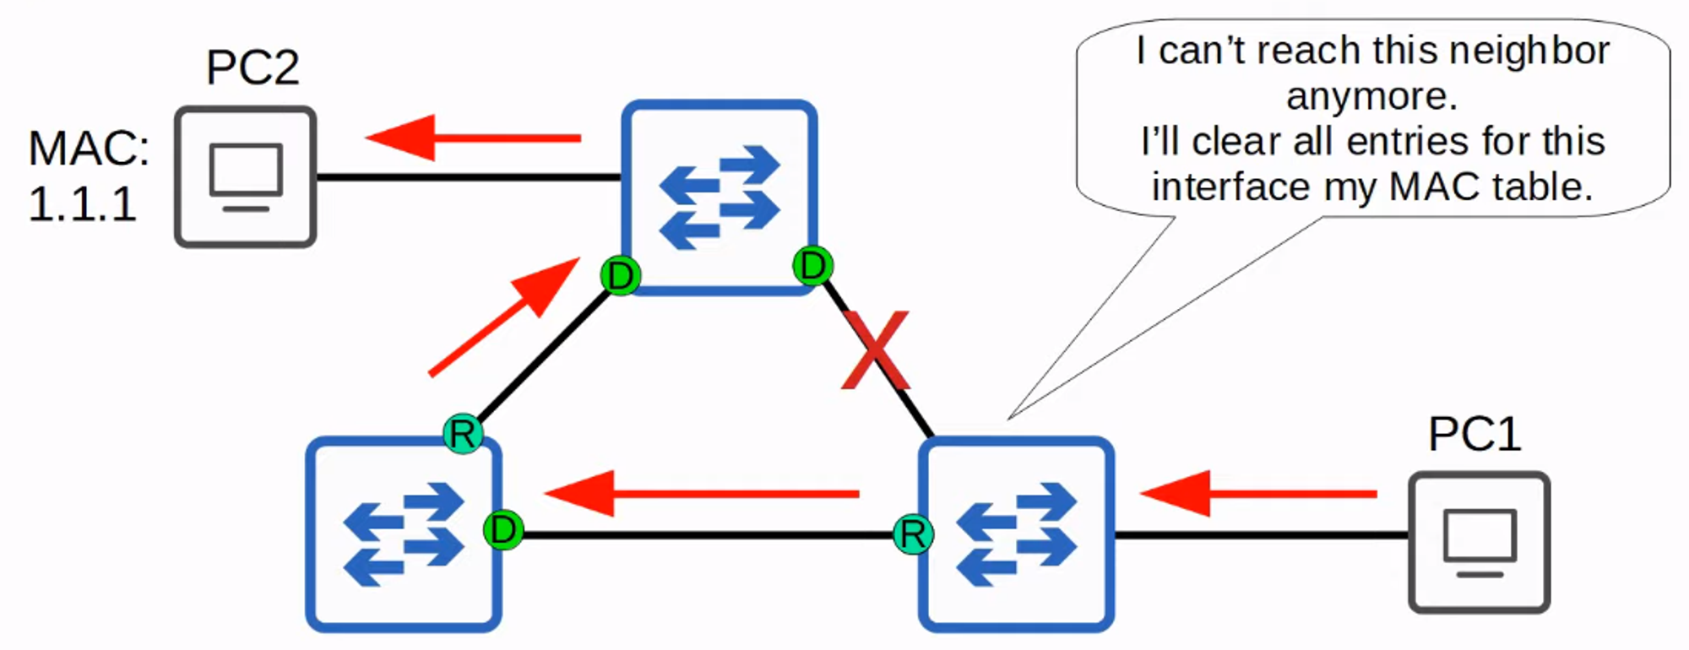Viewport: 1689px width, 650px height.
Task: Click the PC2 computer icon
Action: tap(246, 177)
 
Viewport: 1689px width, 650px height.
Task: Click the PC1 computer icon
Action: tap(1479, 542)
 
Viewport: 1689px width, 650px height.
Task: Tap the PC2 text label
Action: tap(253, 68)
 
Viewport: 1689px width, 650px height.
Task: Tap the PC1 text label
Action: tap(1474, 434)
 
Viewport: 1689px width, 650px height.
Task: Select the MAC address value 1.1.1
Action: tap(83, 204)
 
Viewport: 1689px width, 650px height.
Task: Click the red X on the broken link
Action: tap(877, 350)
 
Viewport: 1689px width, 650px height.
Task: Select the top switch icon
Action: tap(720, 198)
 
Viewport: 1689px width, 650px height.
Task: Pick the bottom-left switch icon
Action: tap(404, 534)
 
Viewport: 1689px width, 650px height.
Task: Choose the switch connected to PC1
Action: tap(1016, 534)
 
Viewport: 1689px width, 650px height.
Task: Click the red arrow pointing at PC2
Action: tap(473, 138)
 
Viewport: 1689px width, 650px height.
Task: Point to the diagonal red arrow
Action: tap(504, 317)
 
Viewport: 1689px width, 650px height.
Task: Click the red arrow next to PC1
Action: tap(1258, 493)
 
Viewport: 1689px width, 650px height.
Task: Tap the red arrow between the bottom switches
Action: tap(701, 493)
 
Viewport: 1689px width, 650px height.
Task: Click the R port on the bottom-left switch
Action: tap(463, 434)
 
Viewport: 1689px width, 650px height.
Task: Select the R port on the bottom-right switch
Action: tap(913, 534)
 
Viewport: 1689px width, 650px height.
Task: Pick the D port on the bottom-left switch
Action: tap(503, 530)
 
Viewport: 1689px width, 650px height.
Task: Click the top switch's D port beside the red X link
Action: tap(812, 266)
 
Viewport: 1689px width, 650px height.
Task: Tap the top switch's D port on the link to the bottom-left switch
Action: tap(621, 275)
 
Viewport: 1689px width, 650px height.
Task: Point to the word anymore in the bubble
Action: tap(1371, 96)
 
